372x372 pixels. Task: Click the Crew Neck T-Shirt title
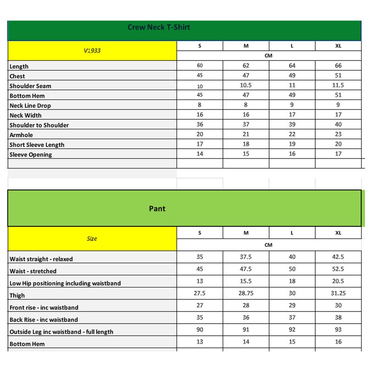click(159, 27)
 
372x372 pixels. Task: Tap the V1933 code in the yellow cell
click(92, 51)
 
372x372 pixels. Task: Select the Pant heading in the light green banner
click(157, 209)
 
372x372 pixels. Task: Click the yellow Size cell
click(92, 239)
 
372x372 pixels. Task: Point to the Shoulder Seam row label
click(30, 86)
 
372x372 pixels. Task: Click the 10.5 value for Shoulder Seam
click(246, 86)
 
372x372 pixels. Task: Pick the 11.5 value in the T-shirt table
click(338, 86)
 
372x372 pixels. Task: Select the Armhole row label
click(22, 135)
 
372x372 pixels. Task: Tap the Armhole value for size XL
click(338, 134)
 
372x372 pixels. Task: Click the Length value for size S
click(200, 66)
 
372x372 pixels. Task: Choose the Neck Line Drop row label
click(30, 106)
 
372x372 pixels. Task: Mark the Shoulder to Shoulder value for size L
click(292, 125)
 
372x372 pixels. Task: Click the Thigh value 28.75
click(246, 293)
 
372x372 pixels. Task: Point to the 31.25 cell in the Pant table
click(338, 293)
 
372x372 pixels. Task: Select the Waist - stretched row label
click(33, 271)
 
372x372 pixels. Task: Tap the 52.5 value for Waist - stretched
click(338, 269)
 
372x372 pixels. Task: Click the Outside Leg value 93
click(338, 330)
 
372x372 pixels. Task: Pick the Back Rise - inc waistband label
click(44, 319)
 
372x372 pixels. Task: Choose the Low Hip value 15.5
click(246, 281)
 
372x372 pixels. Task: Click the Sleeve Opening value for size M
click(246, 154)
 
